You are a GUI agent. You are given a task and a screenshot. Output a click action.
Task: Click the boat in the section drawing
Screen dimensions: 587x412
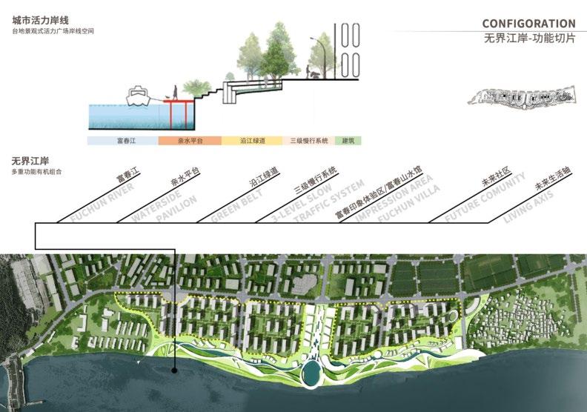click(140, 96)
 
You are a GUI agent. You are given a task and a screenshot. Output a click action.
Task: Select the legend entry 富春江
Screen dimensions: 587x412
click(116, 139)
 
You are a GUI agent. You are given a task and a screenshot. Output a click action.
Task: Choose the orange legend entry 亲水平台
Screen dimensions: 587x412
click(178, 139)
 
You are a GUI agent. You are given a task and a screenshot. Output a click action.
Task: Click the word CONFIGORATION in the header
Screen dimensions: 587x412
click(528, 24)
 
